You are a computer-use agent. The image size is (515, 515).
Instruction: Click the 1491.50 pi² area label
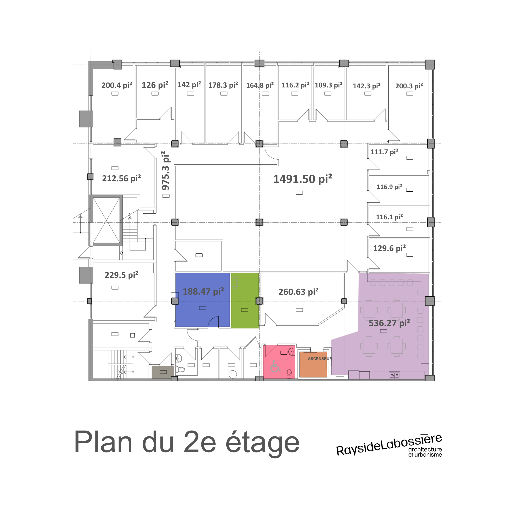[303, 179]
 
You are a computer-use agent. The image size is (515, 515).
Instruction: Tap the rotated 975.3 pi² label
[165, 171]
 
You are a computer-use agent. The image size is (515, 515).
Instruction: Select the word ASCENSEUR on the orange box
[320, 359]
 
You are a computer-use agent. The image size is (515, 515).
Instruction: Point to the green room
[245, 300]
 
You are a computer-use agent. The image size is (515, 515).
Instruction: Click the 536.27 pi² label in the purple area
[389, 323]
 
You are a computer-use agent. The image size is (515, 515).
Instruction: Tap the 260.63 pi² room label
[298, 292]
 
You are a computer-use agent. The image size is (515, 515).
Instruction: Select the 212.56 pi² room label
[122, 178]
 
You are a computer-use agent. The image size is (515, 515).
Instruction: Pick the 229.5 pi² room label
[122, 275]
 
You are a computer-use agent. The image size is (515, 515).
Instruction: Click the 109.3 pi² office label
[328, 85]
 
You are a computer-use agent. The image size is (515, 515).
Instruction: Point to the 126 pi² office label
[155, 85]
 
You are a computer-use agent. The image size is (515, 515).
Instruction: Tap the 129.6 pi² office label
[389, 248]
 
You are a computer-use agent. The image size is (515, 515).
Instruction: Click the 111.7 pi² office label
[384, 152]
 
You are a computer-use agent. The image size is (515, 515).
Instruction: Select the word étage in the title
[263, 443]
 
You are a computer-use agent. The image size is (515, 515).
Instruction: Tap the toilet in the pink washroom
[289, 374]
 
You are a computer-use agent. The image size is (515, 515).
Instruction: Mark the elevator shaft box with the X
[106, 220]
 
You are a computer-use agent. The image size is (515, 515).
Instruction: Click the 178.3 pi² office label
[223, 85]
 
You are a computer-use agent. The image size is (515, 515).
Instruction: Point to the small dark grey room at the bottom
[163, 372]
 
